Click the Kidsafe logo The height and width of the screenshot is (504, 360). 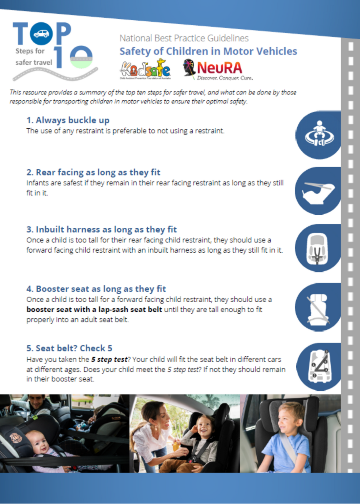click(x=145, y=69)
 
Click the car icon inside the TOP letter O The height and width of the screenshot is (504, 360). click(x=41, y=33)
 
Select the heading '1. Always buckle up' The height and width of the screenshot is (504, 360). click(x=68, y=120)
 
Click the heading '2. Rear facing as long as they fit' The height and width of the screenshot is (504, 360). click(x=93, y=172)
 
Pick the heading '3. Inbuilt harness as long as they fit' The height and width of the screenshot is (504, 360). click(x=101, y=229)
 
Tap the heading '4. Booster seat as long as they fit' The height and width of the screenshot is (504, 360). click(x=96, y=289)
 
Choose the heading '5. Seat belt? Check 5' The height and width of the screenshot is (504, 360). click(x=69, y=348)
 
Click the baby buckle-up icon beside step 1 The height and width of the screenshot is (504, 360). click(x=318, y=135)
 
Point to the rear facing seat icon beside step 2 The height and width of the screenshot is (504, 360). click(x=318, y=191)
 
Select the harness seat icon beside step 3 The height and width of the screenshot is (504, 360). click(x=317, y=248)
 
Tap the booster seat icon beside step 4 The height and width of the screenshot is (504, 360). click(x=317, y=308)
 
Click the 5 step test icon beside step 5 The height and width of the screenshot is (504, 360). click(x=319, y=367)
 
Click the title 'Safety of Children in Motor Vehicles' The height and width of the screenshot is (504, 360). click(x=208, y=51)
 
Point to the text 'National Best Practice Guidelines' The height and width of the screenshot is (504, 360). click(x=184, y=38)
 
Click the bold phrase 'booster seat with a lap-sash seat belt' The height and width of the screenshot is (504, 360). click(x=94, y=309)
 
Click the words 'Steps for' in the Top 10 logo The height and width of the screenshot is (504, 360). click(x=30, y=51)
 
